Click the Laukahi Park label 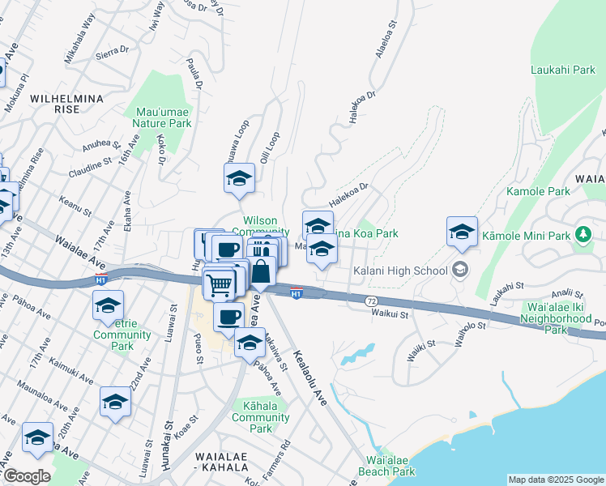pos(562,70)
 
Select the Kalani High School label pos(400,271)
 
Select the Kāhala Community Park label pos(260,416)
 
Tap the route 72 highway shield pos(371,300)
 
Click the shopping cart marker pos(219,285)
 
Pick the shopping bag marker pos(261,271)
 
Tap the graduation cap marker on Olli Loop pos(239,180)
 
